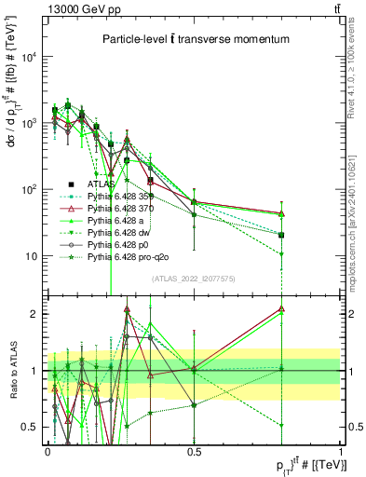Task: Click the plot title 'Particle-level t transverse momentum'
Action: pyautogui.click(x=195, y=39)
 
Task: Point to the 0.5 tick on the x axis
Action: pyautogui.click(x=194, y=451)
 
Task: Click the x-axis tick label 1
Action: pyautogui.click(x=341, y=451)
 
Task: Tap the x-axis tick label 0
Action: pyautogui.click(x=47, y=451)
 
